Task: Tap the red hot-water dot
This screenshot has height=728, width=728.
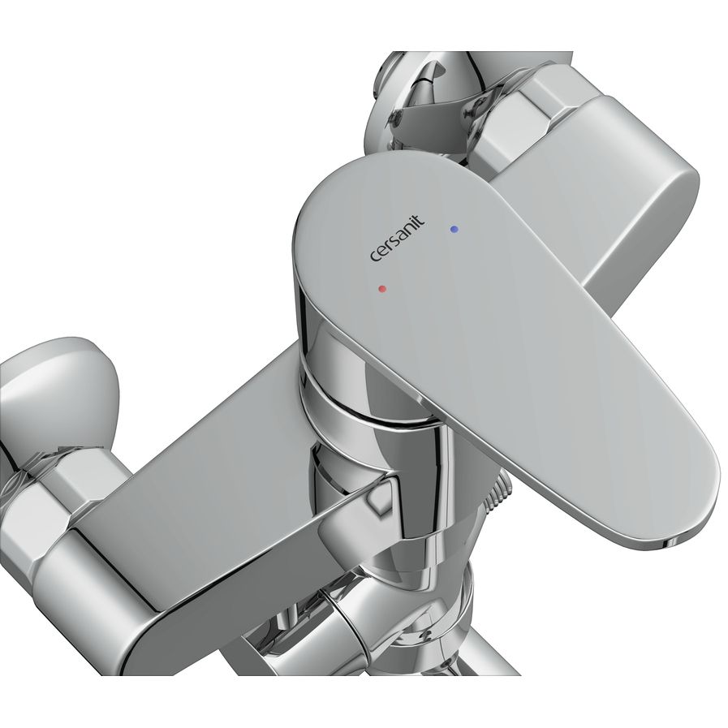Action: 382,289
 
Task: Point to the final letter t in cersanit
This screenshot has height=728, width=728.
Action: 420,219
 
